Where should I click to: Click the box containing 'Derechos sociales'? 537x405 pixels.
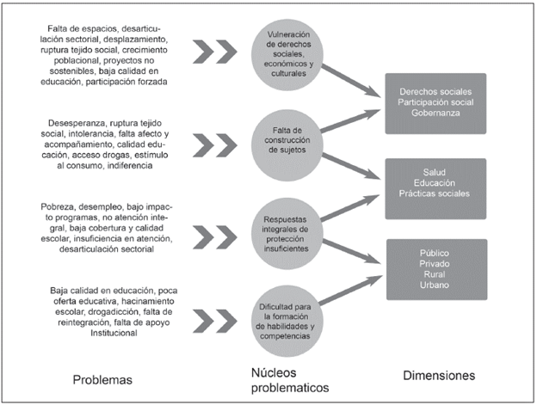click(x=437, y=101)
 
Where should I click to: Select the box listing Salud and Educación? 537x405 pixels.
click(x=437, y=182)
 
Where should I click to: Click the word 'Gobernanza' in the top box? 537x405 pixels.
click(x=437, y=113)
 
